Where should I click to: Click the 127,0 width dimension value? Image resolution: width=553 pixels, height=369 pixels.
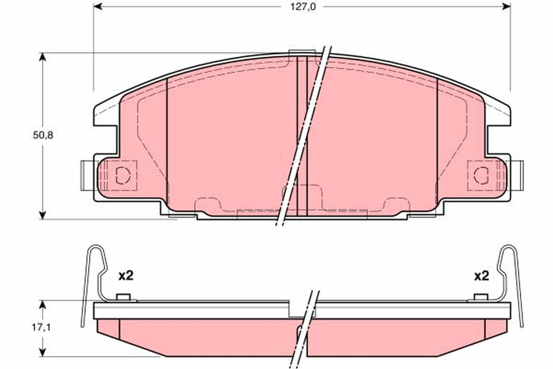tap(302, 7)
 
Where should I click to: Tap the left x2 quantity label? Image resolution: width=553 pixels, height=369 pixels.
tap(126, 276)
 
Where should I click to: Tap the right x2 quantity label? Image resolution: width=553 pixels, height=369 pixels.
tap(482, 276)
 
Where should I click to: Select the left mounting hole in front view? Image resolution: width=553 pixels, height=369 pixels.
tap(122, 175)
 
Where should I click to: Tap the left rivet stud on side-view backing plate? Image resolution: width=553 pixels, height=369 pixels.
tap(122, 297)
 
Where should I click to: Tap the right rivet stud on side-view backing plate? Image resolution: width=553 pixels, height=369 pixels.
tap(481, 297)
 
